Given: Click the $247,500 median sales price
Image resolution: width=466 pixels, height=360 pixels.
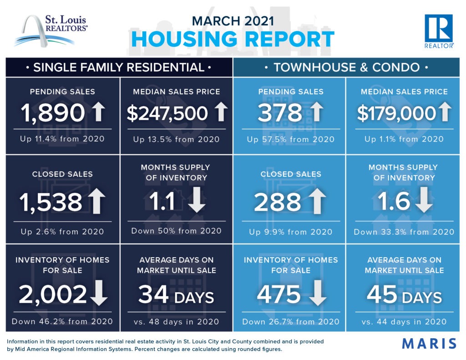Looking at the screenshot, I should [167, 113].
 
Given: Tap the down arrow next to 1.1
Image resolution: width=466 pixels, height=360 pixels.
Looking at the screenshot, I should [197, 201].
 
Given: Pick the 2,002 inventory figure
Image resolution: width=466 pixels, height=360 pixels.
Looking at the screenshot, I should [53, 294].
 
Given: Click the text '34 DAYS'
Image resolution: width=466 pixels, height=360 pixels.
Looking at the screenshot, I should [176, 294].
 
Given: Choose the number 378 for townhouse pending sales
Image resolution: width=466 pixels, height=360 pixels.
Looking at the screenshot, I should [280, 112].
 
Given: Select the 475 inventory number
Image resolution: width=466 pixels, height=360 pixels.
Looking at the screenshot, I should [279, 294].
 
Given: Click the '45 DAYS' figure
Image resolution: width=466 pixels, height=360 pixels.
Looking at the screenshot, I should [404, 294].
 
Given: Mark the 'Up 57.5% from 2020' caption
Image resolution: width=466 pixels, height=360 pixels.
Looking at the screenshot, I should [290, 139].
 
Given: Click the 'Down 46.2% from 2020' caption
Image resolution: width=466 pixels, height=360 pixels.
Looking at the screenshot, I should [62, 321].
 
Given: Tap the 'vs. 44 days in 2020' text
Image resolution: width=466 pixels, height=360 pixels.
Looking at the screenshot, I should [404, 322].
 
